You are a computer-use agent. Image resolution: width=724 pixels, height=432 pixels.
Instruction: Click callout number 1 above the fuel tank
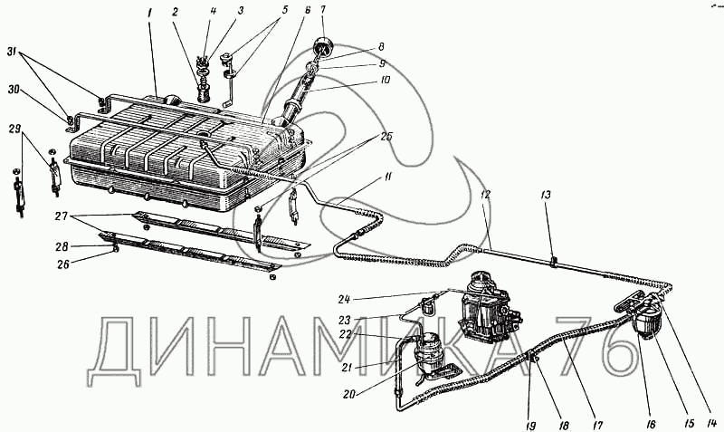click(150, 14)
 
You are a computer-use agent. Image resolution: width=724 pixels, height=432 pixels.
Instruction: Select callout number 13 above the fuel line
click(546, 196)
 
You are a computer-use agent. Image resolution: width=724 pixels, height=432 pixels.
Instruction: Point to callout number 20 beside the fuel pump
click(350, 395)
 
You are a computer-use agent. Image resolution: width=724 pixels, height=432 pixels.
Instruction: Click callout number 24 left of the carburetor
click(344, 300)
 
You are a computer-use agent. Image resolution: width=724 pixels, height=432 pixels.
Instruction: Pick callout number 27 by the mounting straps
click(62, 216)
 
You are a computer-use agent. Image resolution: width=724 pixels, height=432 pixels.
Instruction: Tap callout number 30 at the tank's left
click(14, 90)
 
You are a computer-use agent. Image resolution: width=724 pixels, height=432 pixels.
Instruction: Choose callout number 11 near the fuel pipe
click(387, 176)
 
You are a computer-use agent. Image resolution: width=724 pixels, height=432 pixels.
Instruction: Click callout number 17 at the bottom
click(597, 425)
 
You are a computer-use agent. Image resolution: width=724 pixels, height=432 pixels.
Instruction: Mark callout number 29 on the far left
click(14, 128)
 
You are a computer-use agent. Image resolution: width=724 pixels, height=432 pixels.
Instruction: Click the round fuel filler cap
click(321, 48)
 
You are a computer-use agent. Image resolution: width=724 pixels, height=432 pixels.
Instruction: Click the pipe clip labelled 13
click(553, 263)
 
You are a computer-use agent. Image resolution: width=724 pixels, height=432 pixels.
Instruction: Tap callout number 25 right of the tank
click(386, 138)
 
